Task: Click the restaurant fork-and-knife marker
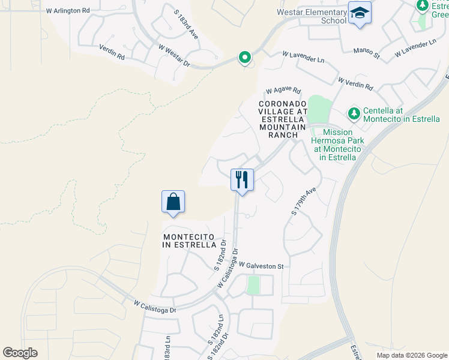click(243, 179)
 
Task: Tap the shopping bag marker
click(173, 202)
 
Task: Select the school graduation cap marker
click(360, 13)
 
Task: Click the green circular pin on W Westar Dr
click(244, 58)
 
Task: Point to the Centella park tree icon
click(354, 113)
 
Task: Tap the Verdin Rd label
click(111, 53)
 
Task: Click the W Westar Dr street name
click(174, 55)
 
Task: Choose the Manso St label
click(367, 53)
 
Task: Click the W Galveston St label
click(261, 265)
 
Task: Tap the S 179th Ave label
click(304, 202)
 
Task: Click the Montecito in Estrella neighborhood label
click(190, 241)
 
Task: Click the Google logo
click(20, 353)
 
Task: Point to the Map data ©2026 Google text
click(412, 355)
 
